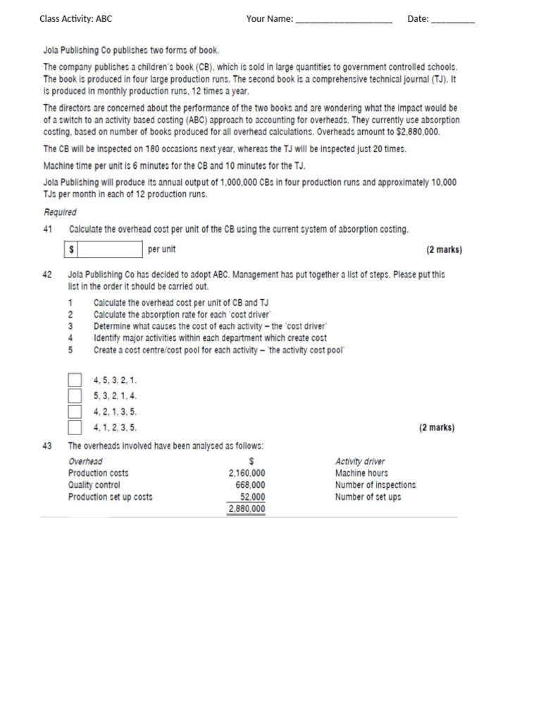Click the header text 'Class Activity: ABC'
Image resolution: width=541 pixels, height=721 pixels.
[75, 19]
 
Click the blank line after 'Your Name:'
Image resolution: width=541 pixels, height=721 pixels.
[343, 20]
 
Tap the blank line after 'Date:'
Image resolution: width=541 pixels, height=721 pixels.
[452, 20]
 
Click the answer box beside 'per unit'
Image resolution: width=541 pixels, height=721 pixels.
[109, 249]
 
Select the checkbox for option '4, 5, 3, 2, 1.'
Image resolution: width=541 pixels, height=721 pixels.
[75, 380]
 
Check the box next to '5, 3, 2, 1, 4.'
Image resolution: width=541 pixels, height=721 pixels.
[75, 396]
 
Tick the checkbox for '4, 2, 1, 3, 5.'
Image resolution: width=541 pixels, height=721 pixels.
[75, 411]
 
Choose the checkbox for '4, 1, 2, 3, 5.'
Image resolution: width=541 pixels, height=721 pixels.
[75, 427]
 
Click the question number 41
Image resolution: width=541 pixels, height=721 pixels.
[48, 230]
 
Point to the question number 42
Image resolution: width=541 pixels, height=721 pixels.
[48, 275]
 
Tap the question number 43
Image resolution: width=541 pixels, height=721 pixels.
[48, 446]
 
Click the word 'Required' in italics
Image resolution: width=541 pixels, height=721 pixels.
[60, 212]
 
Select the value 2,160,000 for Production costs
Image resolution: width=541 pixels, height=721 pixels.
[247, 473]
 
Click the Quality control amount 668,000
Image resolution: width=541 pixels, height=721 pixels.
[250, 485]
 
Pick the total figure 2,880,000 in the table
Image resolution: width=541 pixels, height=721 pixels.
[247, 508]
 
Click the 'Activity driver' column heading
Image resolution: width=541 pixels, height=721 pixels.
[360, 461]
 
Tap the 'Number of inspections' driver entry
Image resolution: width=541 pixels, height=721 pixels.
[375, 485]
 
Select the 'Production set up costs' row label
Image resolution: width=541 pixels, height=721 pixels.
[110, 497]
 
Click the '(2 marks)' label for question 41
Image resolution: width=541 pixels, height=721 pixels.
[444, 250]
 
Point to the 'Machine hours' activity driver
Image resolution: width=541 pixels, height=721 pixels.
[361, 473]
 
